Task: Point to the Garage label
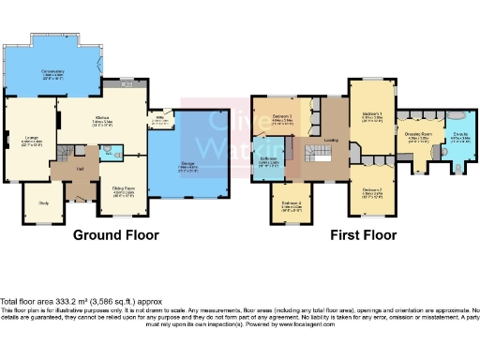pyautogui.click(x=187, y=165)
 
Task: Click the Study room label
pyautogui.click(x=43, y=202)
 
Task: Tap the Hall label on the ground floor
pyautogui.click(x=80, y=170)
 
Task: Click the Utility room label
pyautogui.click(x=160, y=117)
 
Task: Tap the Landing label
pyautogui.click(x=331, y=141)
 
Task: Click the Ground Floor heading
pyautogui.click(x=115, y=235)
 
